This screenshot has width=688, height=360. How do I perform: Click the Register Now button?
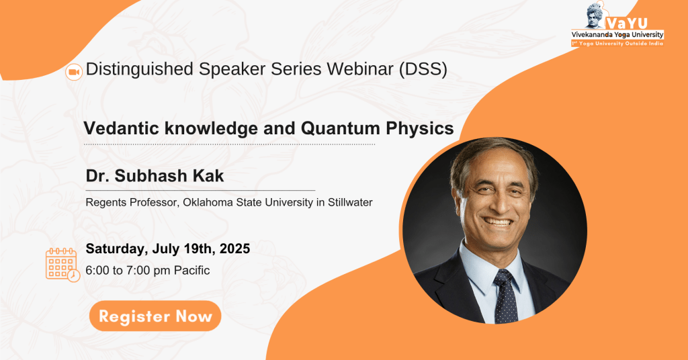[155, 316]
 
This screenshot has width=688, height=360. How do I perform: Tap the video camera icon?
[74, 73]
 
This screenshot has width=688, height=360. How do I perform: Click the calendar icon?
[62, 265]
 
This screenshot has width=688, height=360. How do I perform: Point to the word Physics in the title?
[420, 128]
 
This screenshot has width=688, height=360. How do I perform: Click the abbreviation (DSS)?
[423, 69]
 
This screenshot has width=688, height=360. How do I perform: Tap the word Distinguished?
[140, 69]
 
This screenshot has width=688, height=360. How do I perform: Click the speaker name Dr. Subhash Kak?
[155, 176]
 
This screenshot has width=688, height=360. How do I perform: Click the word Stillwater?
[350, 203]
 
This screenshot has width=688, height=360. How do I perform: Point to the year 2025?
[234, 249]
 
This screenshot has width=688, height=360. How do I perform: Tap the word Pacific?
[191, 271]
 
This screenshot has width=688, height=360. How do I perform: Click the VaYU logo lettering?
[628, 24]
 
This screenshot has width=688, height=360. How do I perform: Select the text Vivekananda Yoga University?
[617, 35]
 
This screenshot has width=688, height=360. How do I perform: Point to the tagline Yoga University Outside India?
[621, 44]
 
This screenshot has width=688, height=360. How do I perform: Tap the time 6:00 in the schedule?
[97, 271]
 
